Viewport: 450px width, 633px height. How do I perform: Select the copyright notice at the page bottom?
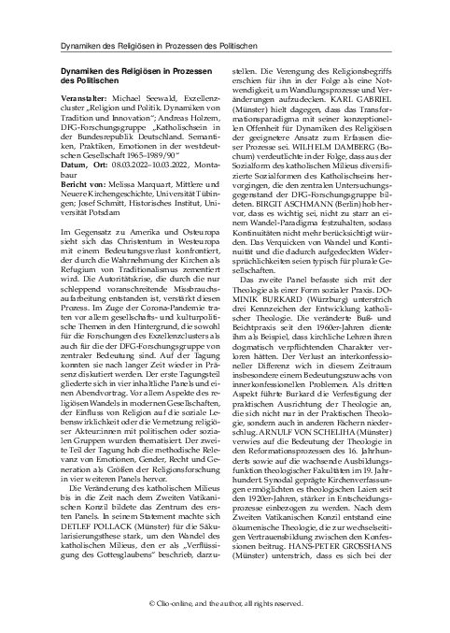coord(225,603)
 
